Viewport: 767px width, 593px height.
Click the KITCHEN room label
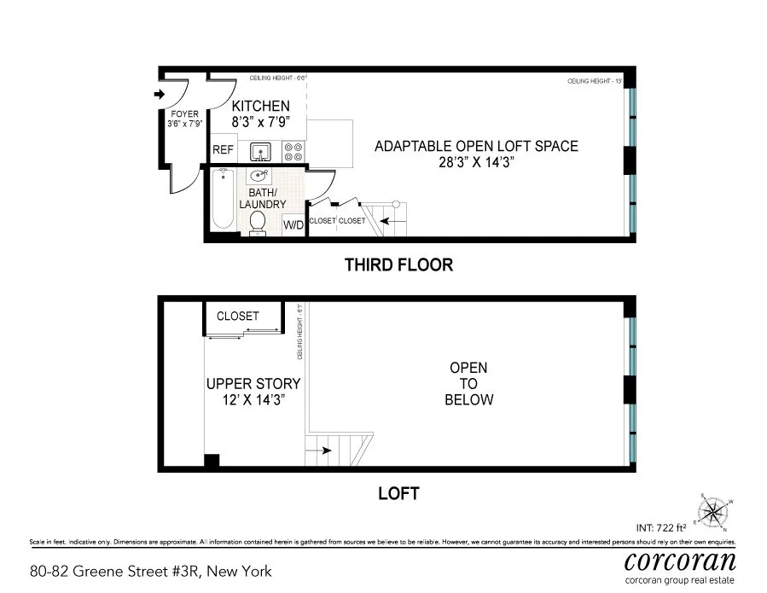coord(261,106)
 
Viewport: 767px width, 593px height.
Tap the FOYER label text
coord(185,114)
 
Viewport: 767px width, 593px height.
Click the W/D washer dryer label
coord(293,225)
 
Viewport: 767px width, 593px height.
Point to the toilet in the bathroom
coord(258,222)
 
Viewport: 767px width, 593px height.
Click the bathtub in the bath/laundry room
coord(224,199)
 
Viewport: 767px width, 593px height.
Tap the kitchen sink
coord(259,152)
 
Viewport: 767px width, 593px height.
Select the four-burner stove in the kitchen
coord(293,152)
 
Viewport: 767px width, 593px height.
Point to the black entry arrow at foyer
coord(159,95)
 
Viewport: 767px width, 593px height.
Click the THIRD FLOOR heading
coord(398,265)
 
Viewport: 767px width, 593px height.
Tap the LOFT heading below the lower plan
coord(398,493)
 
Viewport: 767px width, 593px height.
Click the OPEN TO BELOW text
coord(469,384)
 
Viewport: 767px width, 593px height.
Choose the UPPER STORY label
coord(253,384)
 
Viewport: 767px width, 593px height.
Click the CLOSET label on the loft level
coord(238,316)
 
